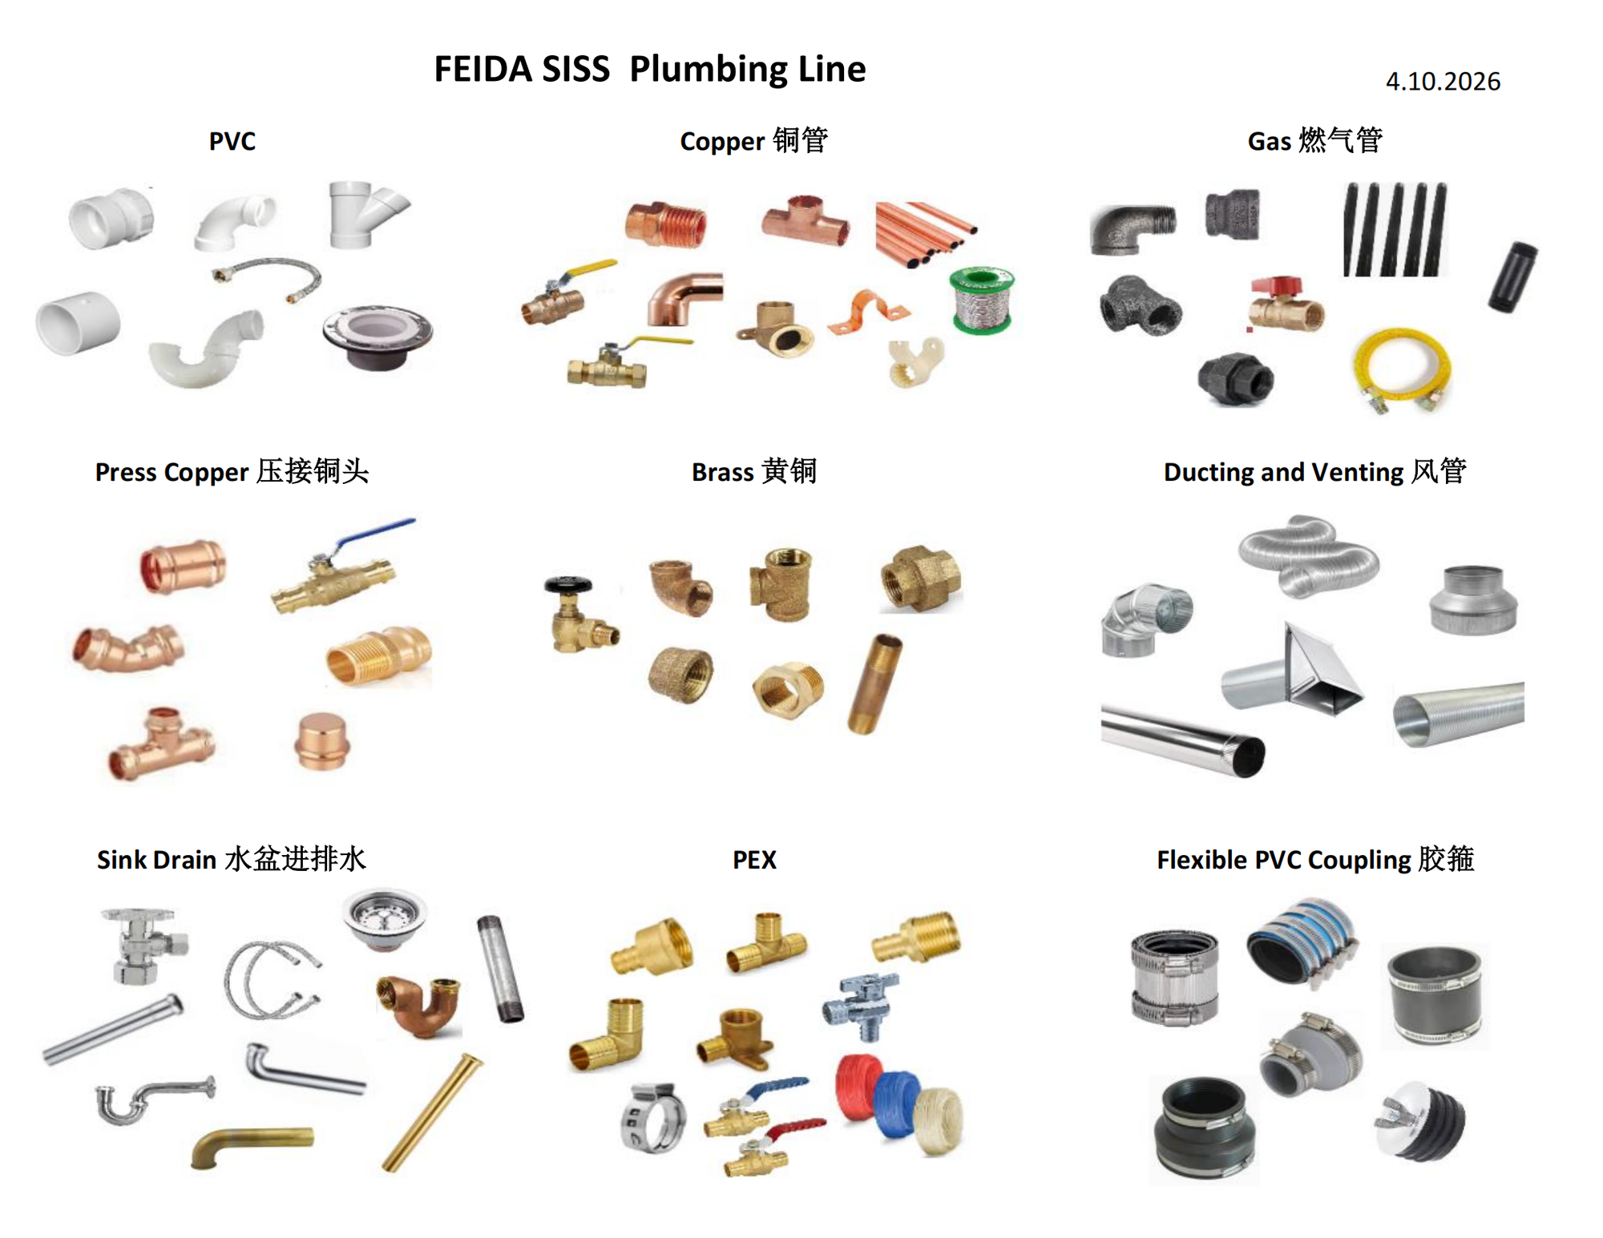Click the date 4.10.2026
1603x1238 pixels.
pos(1442,82)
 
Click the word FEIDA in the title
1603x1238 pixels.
pos(483,70)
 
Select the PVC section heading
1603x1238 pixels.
pos(232,141)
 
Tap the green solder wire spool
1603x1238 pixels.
pos(981,300)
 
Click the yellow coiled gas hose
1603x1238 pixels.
pos(1402,369)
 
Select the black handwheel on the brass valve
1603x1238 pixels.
pos(567,584)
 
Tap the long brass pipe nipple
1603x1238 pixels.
pos(874,683)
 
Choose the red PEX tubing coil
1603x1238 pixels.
pos(858,1087)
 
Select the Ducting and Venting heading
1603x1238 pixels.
pos(1314,472)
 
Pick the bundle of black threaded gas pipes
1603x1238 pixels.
pos(1395,229)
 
